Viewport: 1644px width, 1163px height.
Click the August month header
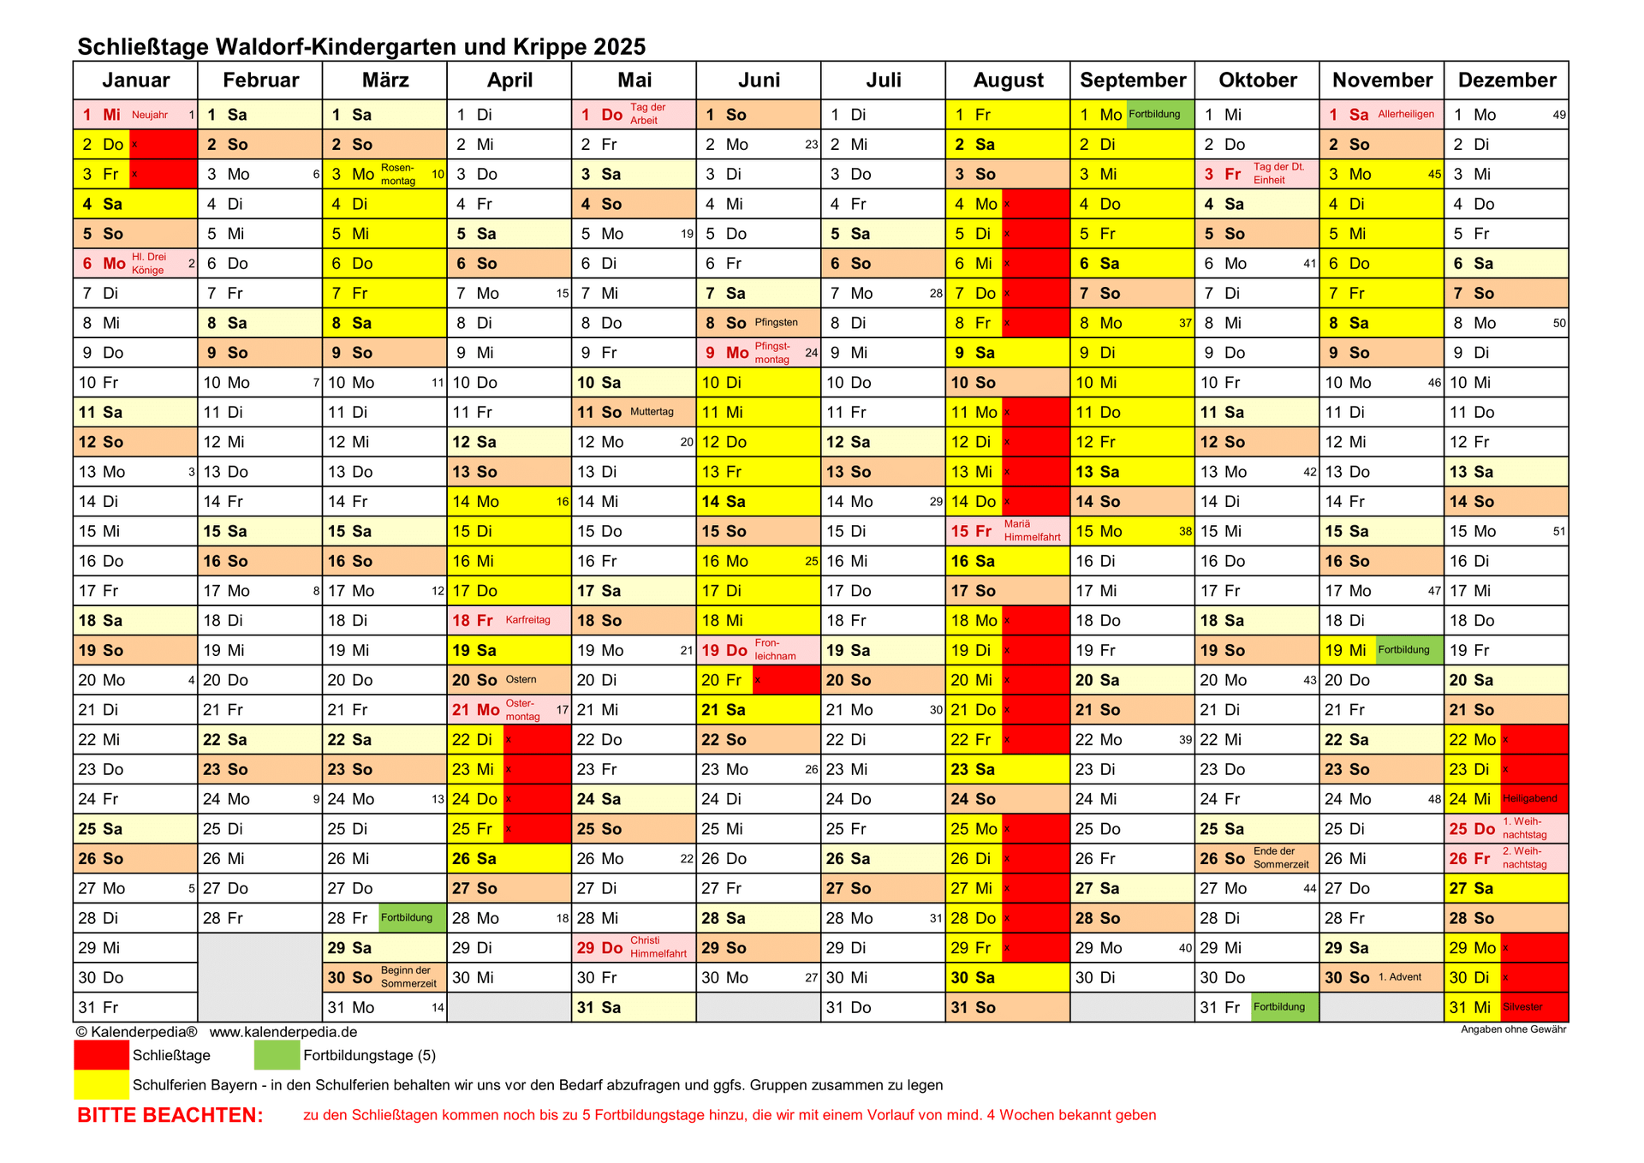coord(1008,81)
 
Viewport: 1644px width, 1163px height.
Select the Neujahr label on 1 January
coord(150,115)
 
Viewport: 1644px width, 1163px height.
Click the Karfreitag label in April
coord(527,620)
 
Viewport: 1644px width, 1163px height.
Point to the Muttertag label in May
coord(652,412)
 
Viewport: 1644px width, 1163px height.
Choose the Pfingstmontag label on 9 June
coord(772,353)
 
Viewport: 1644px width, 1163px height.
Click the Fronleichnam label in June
coord(775,650)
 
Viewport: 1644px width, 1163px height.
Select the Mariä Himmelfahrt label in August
coord(1032,531)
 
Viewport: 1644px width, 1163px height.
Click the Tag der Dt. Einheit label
coord(1278,174)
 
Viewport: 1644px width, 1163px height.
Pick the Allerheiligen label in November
coord(1406,114)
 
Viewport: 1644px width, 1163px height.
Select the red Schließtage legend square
coord(101,1055)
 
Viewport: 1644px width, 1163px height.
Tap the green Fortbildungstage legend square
coord(277,1055)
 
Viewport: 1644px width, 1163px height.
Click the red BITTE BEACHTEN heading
coord(170,1115)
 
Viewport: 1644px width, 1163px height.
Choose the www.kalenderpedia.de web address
coord(283,1033)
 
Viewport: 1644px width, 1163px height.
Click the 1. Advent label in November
coord(1400,977)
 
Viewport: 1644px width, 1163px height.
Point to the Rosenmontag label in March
coord(398,174)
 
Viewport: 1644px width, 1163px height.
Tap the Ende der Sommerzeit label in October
coord(1281,858)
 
